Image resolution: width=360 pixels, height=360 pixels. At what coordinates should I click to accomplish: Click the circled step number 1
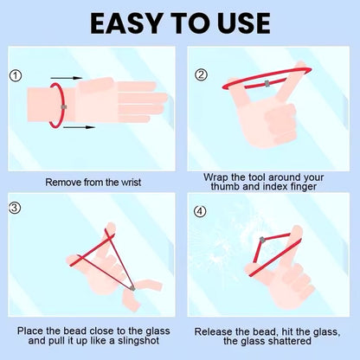tap(16, 76)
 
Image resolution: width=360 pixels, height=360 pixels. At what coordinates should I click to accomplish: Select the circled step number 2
tap(201, 75)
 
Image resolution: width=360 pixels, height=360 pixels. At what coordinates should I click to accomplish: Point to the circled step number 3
tap(15, 208)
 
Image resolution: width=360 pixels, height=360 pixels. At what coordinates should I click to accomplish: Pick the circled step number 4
tap(200, 212)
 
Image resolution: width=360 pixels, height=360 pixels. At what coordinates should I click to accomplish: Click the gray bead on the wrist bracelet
tap(64, 107)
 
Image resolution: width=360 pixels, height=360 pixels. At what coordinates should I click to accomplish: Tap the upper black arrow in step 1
tap(67, 78)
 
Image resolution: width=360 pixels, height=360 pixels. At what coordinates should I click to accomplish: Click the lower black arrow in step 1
tap(79, 127)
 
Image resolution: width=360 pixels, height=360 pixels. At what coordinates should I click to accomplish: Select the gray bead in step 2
tap(267, 84)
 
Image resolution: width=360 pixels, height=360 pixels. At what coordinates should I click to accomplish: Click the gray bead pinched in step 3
tap(132, 288)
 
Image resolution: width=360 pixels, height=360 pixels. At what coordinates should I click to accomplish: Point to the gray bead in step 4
tap(262, 240)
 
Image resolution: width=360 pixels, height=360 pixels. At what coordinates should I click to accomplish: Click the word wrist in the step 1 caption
tap(131, 183)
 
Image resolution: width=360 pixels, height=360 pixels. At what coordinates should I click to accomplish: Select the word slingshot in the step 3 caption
tap(138, 341)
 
